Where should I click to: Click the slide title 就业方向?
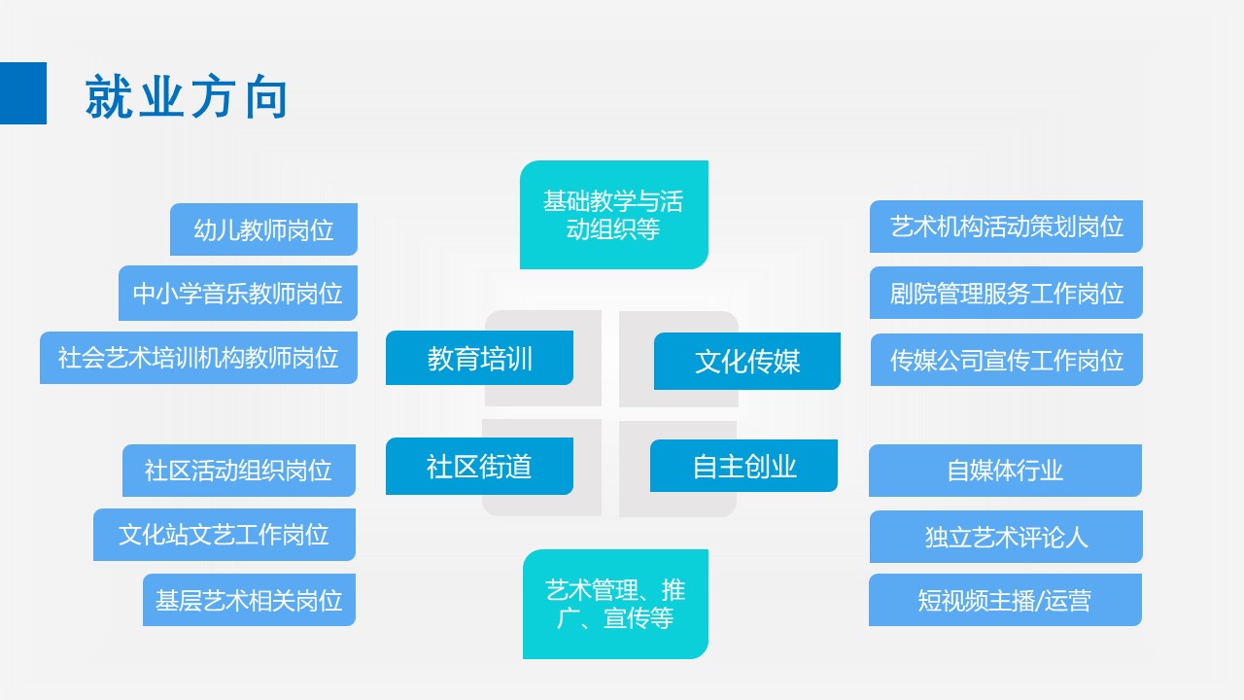[187, 97]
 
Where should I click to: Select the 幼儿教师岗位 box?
[263, 229]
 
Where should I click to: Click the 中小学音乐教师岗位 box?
[238, 293]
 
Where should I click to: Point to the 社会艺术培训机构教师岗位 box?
[198, 358]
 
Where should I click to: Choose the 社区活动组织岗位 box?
[239, 471]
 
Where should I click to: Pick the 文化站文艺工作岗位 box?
[225, 535]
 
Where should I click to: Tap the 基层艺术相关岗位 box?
[249, 600]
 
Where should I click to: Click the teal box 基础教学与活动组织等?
[613, 215]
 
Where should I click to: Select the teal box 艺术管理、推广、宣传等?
[615, 604]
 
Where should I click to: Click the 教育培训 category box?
[479, 358]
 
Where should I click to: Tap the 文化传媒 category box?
[746, 361]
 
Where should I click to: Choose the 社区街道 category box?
[479, 466]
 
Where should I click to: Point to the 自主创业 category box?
[743, 466]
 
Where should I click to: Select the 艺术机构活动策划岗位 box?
[1006, 227]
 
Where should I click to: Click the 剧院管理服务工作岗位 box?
[1006, 293]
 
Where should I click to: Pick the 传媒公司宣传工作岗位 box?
[1006, 360]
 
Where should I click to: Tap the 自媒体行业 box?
[1005, 471]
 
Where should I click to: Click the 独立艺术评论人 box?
[1006, 537]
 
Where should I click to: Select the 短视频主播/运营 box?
[1005, 600]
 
